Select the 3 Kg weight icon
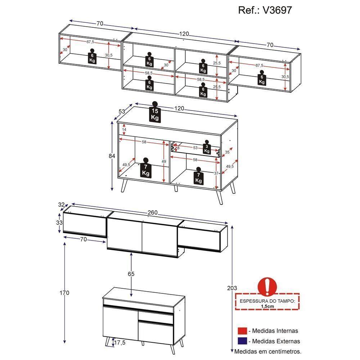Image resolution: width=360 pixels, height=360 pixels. pyautogui.click(x=207, y=148)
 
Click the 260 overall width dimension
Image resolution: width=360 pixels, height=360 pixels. pyautogui.click(x=153, y=213)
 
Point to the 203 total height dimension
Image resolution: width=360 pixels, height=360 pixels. pyautogui.click(x=233, y=288)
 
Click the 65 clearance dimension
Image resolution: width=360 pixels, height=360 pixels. pyautogui.click(x=131, y=274)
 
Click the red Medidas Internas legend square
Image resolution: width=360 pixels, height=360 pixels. pyautogui.click(x=242, y=331)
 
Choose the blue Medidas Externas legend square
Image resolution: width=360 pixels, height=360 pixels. pyautogui.click(x=242, y=341)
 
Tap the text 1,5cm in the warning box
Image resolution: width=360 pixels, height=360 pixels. pyautogui.click(x=267, y=306)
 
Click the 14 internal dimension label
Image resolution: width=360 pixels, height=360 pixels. pyautogui.click(x=124, y=130)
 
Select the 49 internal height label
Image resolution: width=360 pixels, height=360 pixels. pyautogui.click(x=164, y=162)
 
